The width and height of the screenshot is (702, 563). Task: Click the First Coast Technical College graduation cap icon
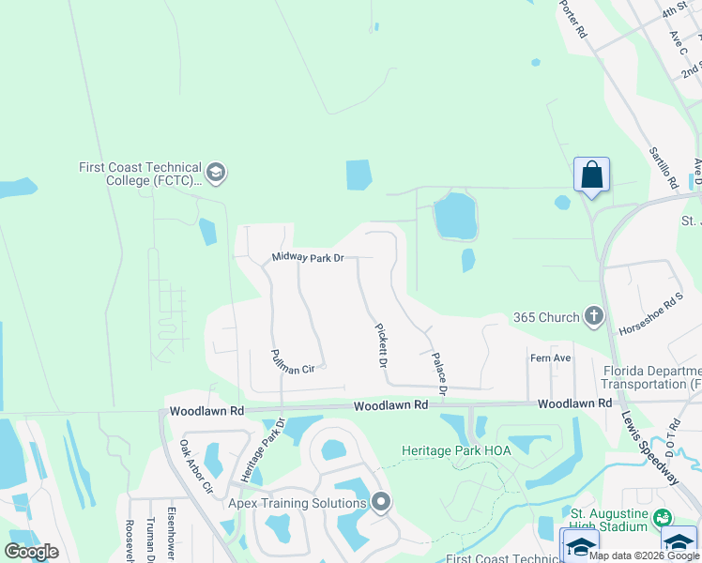pyautogui.click(x=216, y=173)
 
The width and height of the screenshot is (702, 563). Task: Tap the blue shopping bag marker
pyautogui.click(x=591, y=175)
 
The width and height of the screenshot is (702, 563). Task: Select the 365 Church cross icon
pyautogui.click(x=593, y=317)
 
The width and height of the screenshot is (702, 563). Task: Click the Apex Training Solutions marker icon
pyautogui.click(x=380, y=503)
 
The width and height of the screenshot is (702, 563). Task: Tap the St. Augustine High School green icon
pyautogui.click(x=663, y=517)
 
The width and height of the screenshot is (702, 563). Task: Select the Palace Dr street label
pyautogui.click(x=437, y=372)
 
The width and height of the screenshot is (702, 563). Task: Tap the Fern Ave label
pyautogui.click(x=551, y=358)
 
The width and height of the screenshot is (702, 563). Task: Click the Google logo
pyautogui.click(x=31, y=552)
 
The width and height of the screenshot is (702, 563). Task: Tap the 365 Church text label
pyautogui.click(x=546, y=317)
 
